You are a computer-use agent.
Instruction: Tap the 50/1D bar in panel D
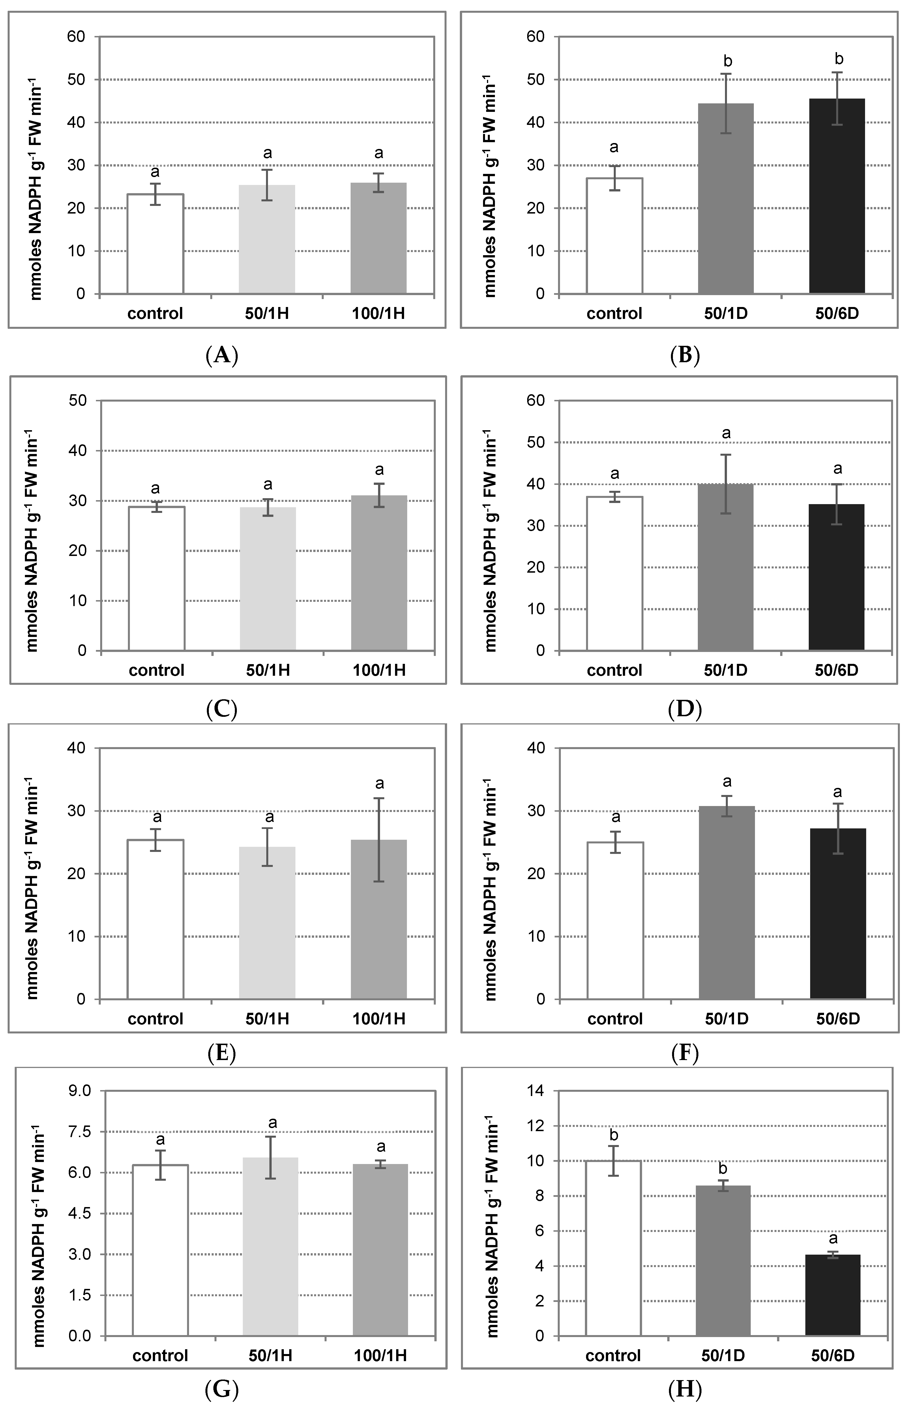[x=726, y=568]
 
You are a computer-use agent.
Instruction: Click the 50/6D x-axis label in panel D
[x=836, y=670]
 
